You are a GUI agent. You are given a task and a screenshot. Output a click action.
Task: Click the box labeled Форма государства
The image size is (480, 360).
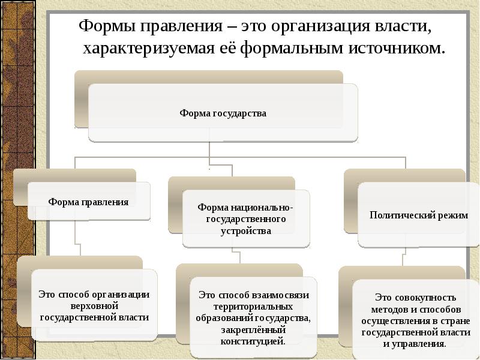(x=223, y=113)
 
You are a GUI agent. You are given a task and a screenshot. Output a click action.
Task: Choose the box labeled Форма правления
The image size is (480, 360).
(x=88, y=202)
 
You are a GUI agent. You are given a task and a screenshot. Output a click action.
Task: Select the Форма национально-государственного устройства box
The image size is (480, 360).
(x=246, y=218)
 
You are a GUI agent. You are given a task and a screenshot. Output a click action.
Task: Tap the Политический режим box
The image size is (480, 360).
(x=419, y=215)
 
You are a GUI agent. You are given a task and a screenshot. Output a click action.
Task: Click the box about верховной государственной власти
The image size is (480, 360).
(x=94, y=305)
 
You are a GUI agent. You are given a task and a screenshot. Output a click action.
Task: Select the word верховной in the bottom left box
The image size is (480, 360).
(x=94, y=305)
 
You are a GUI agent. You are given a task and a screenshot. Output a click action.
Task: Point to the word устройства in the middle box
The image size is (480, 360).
(x=246, y=230)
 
